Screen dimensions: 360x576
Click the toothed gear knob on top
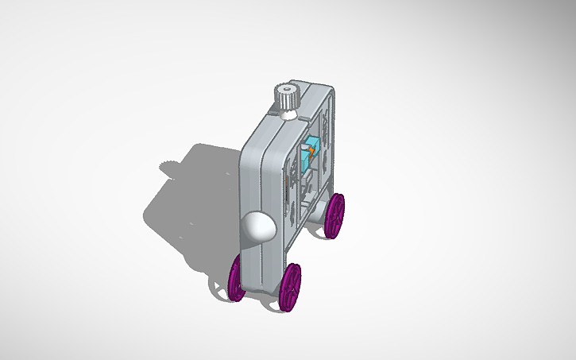pos(286,99)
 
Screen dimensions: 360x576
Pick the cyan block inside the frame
pos(311,148)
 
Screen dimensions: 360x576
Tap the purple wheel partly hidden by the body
pos(237,277)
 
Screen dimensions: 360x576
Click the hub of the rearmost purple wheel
pos(337,215)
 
